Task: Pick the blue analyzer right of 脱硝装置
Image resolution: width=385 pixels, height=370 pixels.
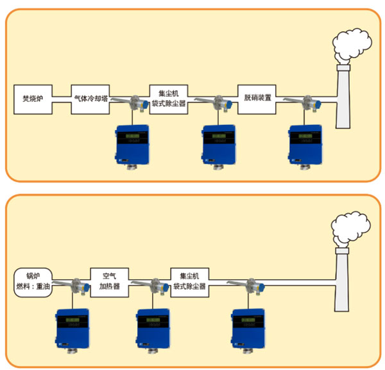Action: (304, 145)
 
